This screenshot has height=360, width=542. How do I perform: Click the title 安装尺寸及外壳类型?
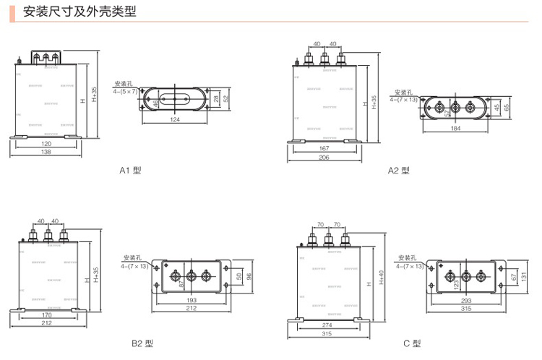pyautogui.click(x=79, y=12)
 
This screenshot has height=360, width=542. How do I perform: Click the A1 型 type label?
pyautogui.click(x=131, y=171)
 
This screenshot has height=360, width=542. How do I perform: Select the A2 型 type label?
pyautogui.click(x=399, y=171)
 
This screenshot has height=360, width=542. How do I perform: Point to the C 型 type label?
pyautogui.click(x=412, y=343)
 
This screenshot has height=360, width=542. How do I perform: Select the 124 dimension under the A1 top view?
pyautogui.click(x=176, y=120)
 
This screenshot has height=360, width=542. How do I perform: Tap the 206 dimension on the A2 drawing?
pyautogui.click(x=324, y=158)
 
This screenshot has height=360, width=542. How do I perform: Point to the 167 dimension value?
pyautogui.click(x=324, y=149)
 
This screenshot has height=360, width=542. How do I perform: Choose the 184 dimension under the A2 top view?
pyautogui.click(x=455, y=129)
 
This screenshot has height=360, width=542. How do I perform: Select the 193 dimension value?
pyautogui.click(x=192, y=299)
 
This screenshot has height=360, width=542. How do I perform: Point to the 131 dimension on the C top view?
pyautogui.click(x=522, y=275)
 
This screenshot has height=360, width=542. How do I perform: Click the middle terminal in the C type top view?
pyautogui.click(x=465, y=275)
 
